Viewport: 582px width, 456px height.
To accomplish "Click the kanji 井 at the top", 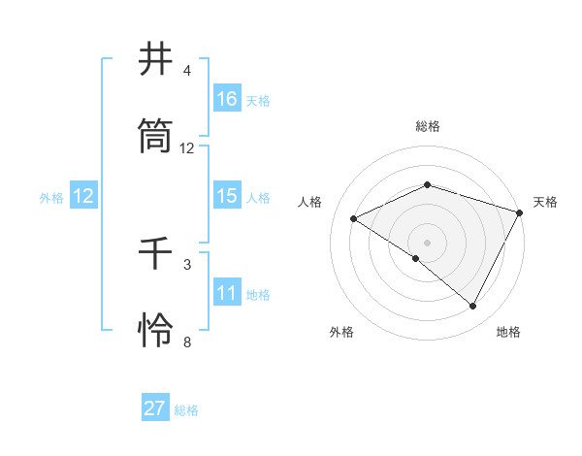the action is [156, 61].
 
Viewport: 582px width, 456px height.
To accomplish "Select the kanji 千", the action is [156, 254].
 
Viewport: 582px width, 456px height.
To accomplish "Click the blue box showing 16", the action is [227, 98].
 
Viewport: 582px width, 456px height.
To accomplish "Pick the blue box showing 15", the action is [227, 196].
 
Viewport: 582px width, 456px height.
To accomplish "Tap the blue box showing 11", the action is [227, 293].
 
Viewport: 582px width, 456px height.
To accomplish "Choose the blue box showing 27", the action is [155, 408].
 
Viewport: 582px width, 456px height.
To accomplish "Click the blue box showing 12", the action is [83, 196].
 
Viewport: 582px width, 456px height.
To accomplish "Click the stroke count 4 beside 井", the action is [186, 71].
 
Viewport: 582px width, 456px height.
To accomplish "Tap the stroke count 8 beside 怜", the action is [186, 341].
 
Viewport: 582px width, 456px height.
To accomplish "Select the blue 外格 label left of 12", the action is [51, 198].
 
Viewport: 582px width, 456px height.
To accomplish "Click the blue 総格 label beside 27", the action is [186, 410].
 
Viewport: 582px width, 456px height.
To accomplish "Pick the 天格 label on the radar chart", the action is [545, 202].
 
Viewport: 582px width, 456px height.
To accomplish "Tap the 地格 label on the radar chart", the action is [508, 332].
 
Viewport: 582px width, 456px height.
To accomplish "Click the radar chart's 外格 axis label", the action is [341, 332].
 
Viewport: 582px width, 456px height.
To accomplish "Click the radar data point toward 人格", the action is [354, 219].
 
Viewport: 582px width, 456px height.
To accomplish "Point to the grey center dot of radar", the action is [427, 242].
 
